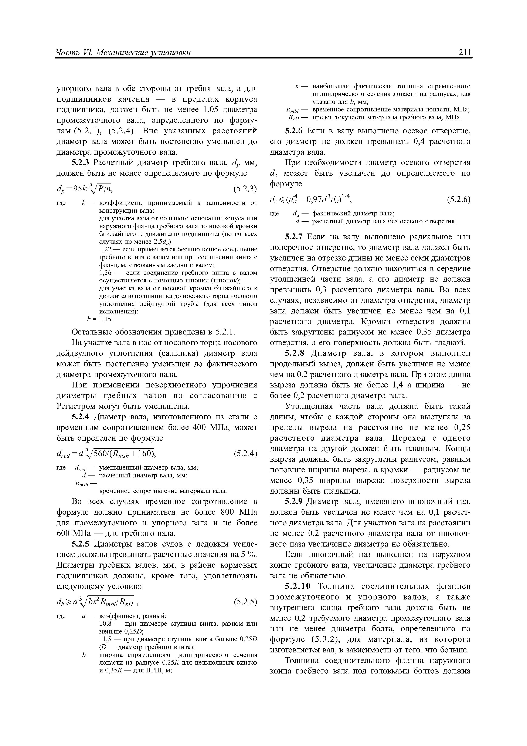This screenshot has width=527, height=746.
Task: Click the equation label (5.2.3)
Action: pyautogui.click(x=245, y=189)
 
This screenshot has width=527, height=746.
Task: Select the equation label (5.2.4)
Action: pyautogui.click(x=245, y=453)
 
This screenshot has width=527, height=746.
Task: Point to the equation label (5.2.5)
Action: pyautogui.click(x=245, y=602)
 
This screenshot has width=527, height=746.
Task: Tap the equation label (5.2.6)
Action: pyautogui.click(x=459, y=200)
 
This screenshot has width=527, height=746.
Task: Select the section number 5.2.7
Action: pyautogui.click(x=294, y=237)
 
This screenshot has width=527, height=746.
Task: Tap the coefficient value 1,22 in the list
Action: pyautogui.click(x=105, y=249)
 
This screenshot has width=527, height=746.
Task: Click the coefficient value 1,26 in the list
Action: pyautogui.click(x=105, y=273)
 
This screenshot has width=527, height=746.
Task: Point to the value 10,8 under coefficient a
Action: pyautogui.click(x=105, y=624)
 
